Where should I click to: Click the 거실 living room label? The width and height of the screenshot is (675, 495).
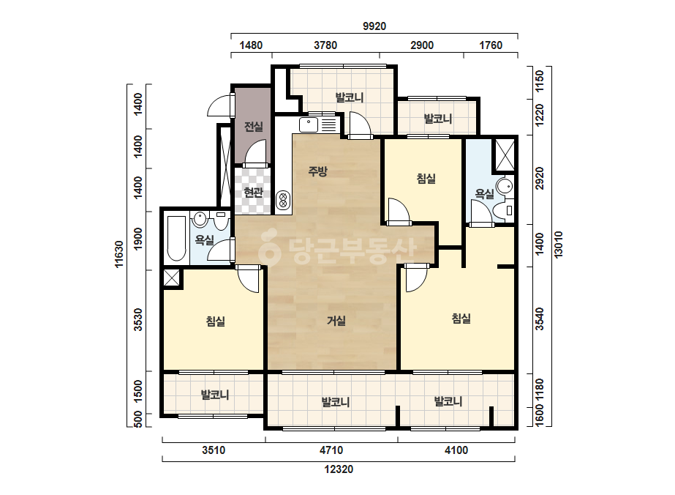(x=336, y=321)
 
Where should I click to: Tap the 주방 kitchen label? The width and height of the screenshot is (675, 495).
(x=317, y=171)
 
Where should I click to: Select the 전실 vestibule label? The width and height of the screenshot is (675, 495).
(x=254, y=127)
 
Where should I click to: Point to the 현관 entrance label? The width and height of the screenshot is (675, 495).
(x=253, y=193)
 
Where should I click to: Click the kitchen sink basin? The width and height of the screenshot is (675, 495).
(x=308, y=124)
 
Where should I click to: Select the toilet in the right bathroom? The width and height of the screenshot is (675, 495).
(x=502, y=211)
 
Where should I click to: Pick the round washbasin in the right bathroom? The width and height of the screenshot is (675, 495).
(x=505, y=186)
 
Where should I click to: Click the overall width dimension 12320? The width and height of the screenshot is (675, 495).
(x=339, y=469)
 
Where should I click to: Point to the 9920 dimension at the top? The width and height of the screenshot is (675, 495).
(x=374, y=26)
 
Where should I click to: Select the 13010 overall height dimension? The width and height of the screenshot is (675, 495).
(x=558, y=245)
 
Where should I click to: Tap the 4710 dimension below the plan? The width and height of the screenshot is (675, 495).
(x=331, y=450)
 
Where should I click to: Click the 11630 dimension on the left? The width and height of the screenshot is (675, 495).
(x=119, y=254)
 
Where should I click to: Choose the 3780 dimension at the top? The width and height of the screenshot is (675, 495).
(x=325, y=45)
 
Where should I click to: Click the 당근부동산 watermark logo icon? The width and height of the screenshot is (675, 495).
(x=269, y=249)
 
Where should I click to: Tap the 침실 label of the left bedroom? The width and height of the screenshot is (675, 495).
(x=215, y=321)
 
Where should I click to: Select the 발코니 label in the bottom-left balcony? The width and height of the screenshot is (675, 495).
(x=215, y=395)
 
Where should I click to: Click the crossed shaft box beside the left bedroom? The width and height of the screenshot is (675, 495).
(x=171, y=278)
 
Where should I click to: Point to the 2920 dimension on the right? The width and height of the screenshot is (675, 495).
(x=540, y=178)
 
